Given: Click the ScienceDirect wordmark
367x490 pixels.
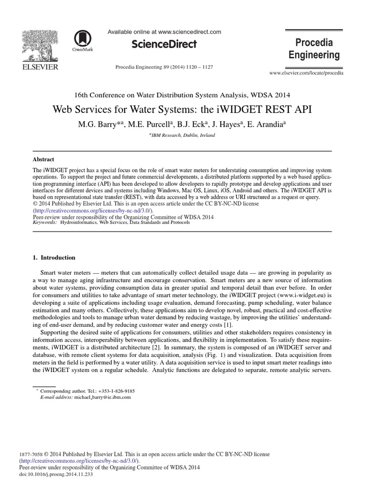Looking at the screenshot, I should click(164, 44).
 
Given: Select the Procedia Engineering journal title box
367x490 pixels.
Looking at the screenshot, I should click(314, 48).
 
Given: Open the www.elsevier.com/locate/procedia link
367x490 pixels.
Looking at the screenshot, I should click(306, 73).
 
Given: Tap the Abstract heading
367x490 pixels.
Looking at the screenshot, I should click(43, 159).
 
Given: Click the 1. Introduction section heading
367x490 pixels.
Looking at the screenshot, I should click(54, 257).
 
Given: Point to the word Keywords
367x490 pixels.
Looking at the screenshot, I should click(44, 223).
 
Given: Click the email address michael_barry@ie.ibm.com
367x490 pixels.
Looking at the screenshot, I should click(102, 397).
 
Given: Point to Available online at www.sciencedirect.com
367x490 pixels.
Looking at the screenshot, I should click(164, 32).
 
